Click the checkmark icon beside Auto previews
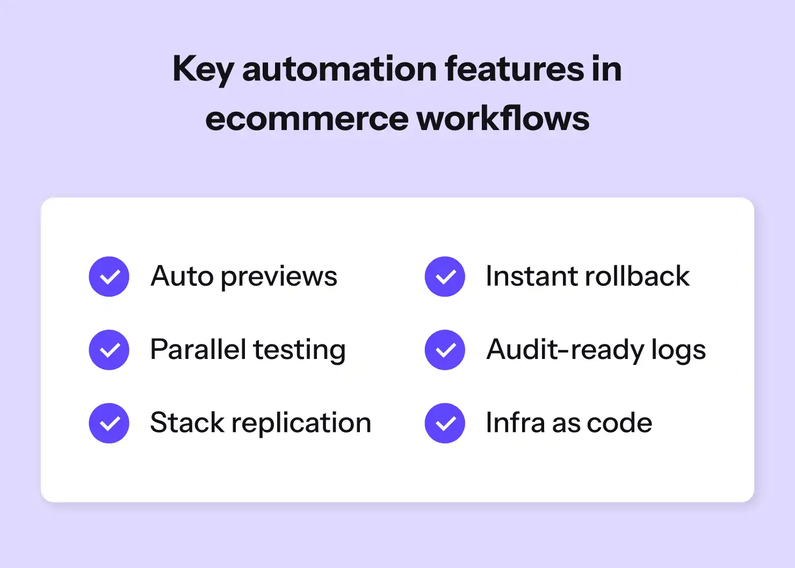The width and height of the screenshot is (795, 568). (x=109, y=277)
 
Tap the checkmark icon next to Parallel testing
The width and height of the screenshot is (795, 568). (x=109, y=350)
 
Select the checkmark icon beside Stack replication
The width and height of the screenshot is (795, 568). (x=109, y=423)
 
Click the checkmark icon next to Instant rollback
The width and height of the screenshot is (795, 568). (x=445, y=277)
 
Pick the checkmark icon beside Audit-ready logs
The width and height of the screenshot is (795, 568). (x=445, y=350)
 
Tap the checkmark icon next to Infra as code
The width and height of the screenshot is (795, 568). (x=445, y=423)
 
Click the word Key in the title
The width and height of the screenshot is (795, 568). (x=203, y=70)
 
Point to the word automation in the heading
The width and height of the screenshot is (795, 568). (x=339, y=69)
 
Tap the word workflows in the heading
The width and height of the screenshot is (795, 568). (x=503, y=118)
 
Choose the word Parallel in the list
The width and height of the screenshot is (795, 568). (x=198, y=349)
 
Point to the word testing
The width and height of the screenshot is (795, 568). (x=300, y=351)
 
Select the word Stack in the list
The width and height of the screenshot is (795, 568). (x=187, y=422)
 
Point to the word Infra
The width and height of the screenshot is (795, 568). (x=515, y=422)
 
